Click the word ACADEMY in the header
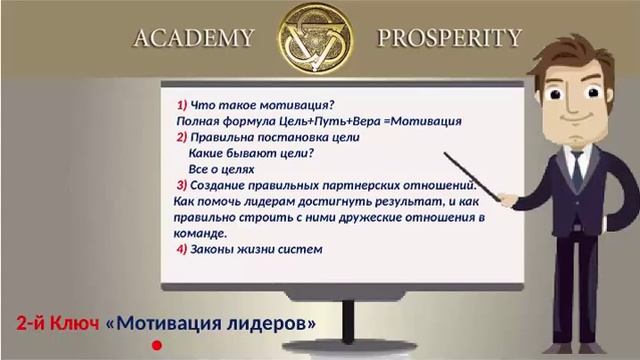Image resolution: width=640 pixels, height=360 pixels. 194,39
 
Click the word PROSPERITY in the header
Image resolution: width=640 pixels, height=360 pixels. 449,39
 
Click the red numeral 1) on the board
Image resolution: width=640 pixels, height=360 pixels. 182,105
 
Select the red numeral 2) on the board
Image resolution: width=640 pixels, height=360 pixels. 182,137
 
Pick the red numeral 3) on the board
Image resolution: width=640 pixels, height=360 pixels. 182,185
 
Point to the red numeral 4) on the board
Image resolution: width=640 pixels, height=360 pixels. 182,249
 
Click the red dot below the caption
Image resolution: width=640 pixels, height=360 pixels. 156,346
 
